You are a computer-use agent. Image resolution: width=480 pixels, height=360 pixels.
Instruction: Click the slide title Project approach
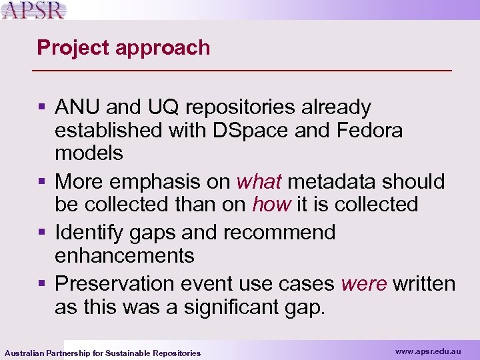123,47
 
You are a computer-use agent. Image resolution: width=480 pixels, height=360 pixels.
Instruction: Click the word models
89,153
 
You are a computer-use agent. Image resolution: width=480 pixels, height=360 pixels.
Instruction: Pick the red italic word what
260,181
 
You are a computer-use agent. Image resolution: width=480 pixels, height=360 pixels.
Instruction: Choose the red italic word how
271,204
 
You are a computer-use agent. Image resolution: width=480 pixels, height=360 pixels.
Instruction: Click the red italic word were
363,283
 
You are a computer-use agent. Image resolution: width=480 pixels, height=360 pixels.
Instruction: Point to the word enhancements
125,255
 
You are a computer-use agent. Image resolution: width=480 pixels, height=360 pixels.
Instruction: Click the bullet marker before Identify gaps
43,233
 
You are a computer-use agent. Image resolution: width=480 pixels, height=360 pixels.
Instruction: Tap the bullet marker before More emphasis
43,181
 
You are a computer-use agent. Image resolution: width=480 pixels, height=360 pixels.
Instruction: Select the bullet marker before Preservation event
43,283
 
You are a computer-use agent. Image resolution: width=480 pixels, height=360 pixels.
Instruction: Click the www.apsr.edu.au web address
427,350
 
